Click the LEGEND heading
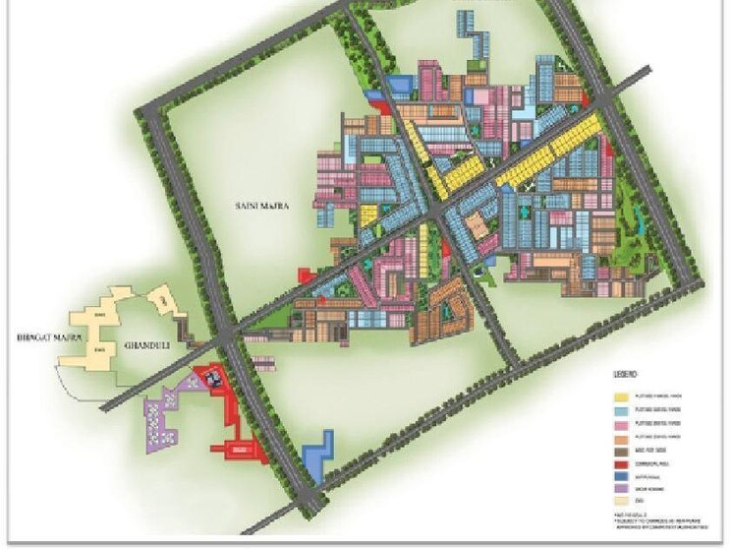[x=626, y=375]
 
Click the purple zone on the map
[x=162, y=418]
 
